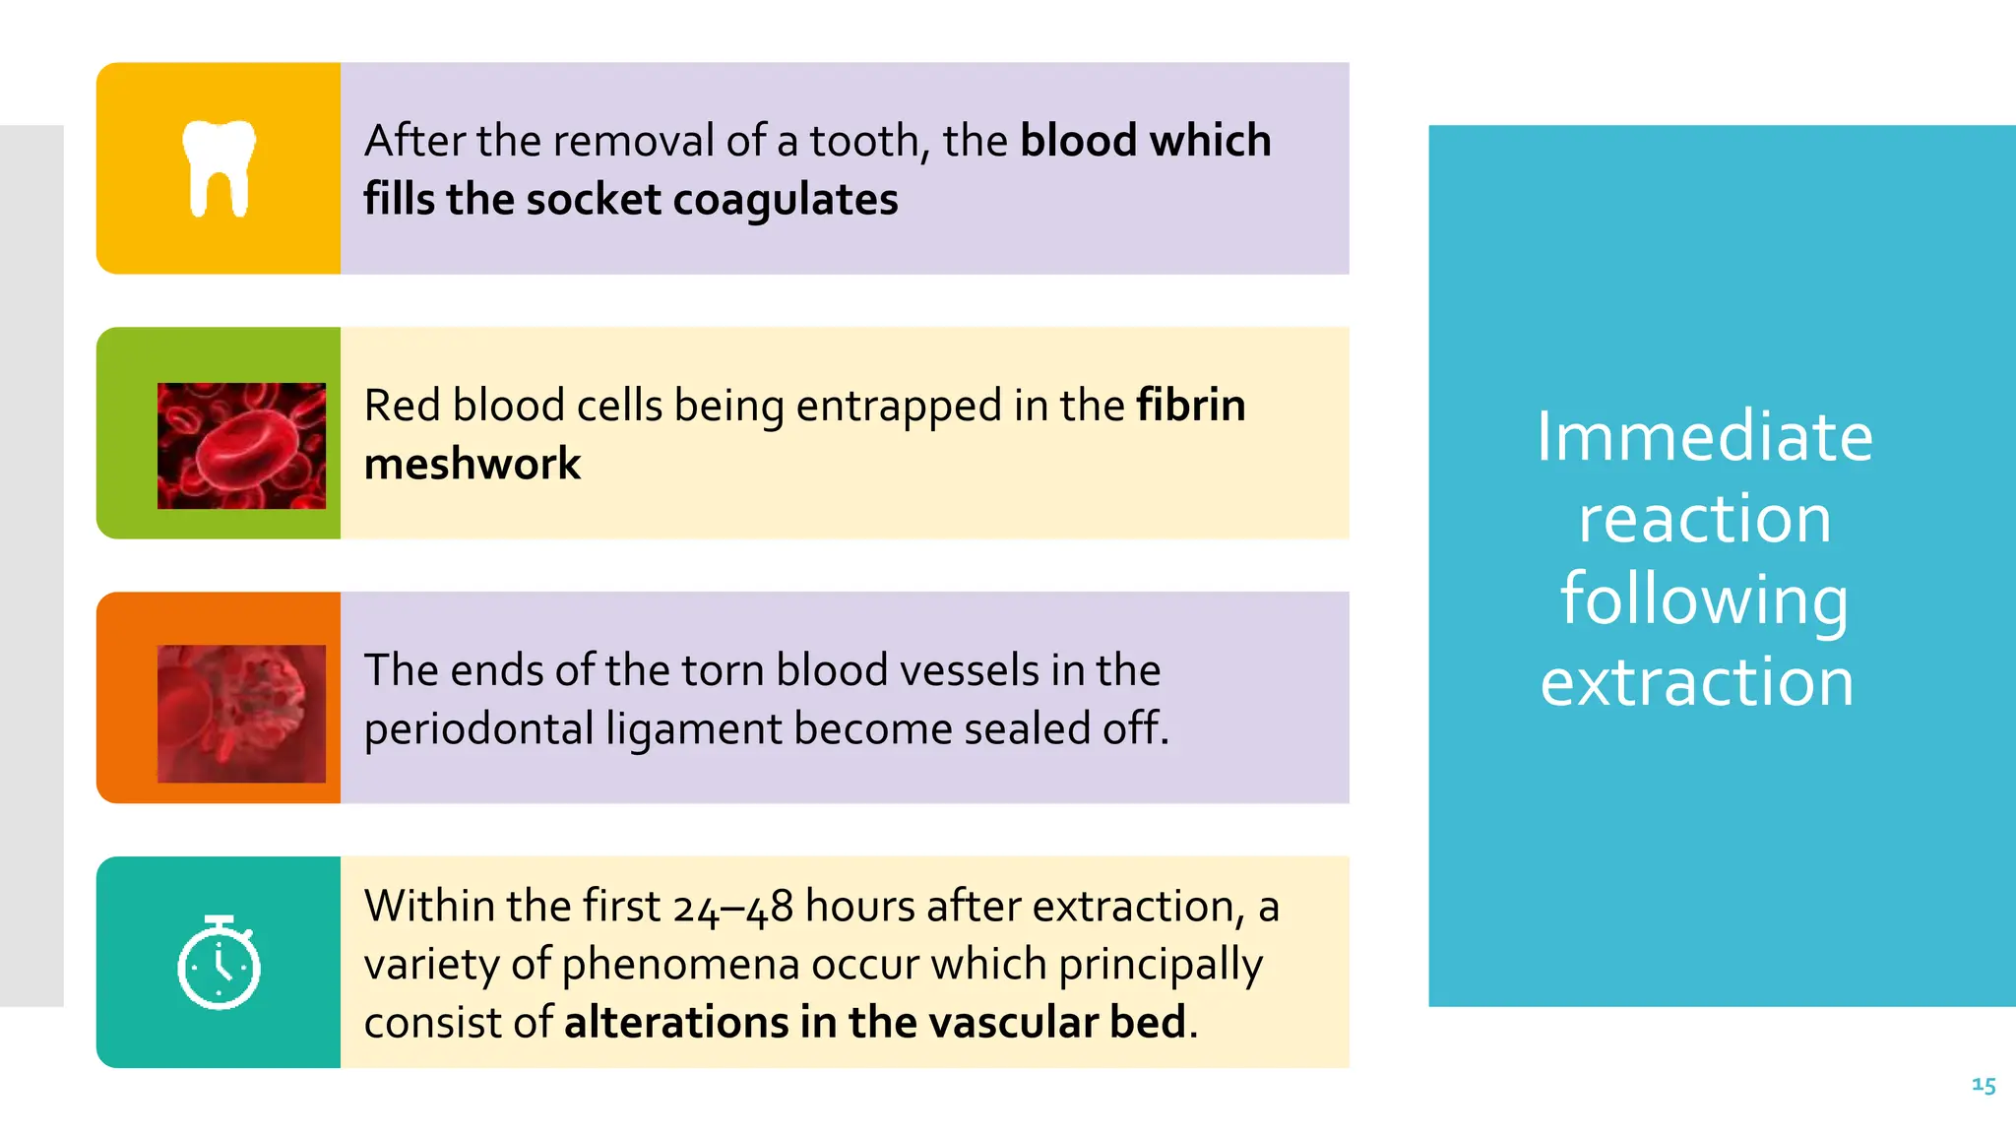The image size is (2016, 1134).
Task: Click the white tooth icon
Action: [219, 168]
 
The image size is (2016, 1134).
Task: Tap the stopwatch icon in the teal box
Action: [219, 964]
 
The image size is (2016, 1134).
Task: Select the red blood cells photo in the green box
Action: [241, 446]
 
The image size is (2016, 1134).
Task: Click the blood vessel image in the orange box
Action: [241, 714]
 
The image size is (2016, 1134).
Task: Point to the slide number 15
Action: [1984, 1085]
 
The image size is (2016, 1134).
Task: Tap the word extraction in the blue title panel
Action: [1697, 681]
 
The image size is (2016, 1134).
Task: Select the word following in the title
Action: [1704, 600]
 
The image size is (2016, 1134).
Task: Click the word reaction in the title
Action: [1704, 519]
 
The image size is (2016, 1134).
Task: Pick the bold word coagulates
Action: [786, 200]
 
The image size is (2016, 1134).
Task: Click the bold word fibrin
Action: [1191, 406]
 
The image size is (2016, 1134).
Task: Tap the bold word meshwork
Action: [472, 464]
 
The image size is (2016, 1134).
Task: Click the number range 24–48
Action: [733, 907]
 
